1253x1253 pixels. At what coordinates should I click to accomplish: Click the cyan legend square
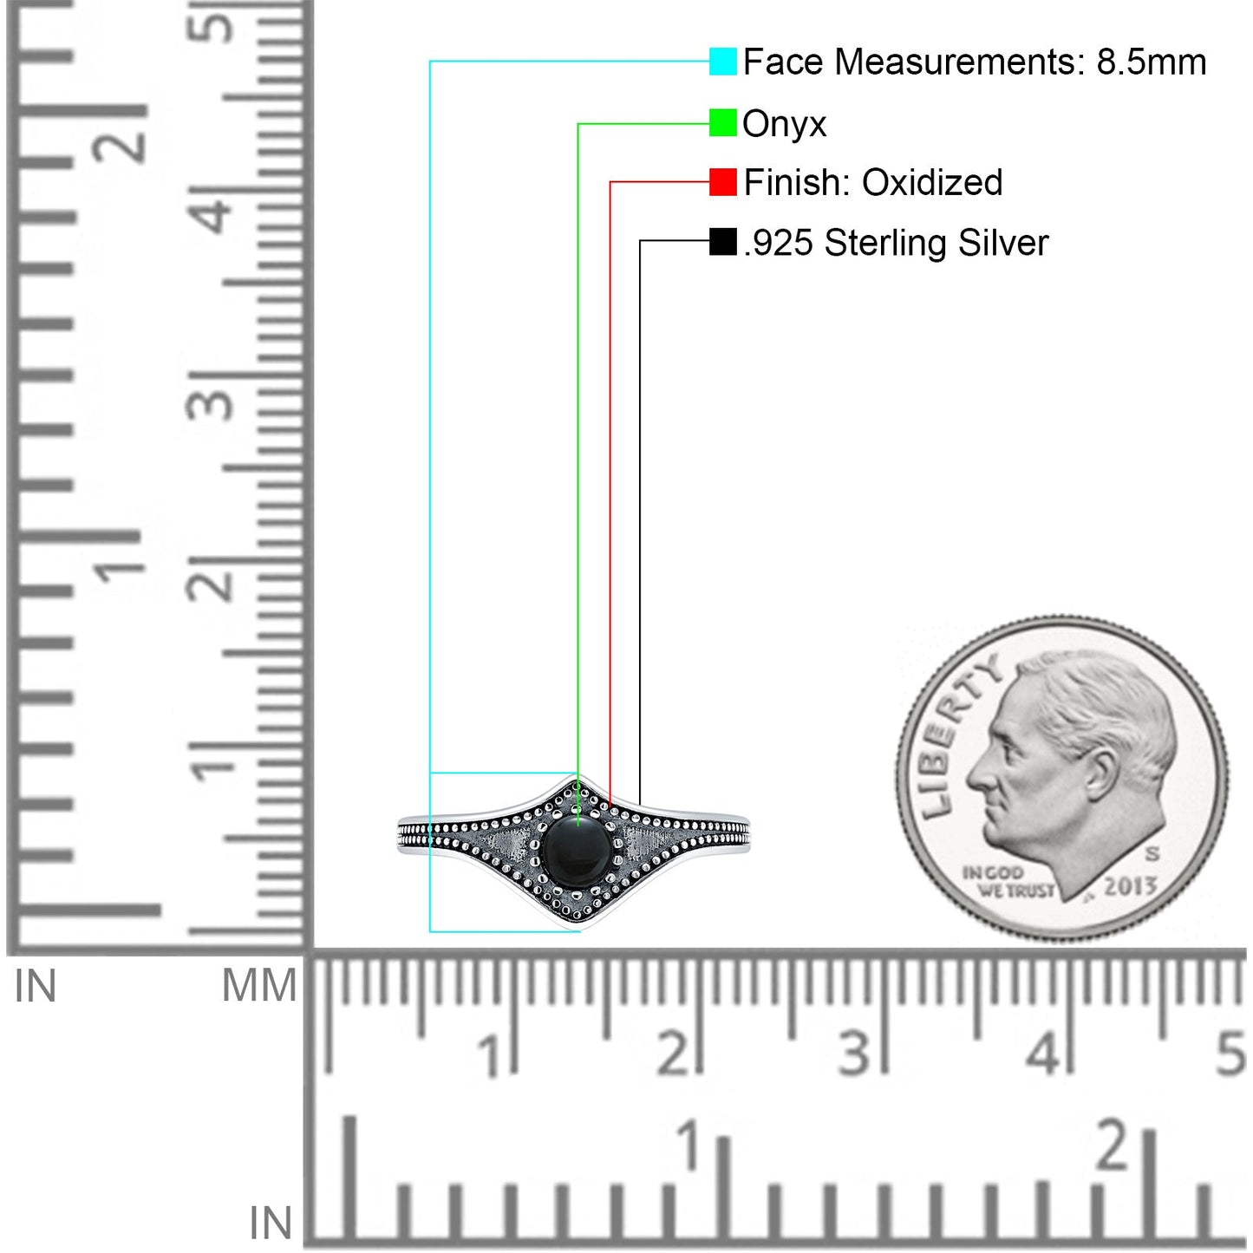click(x=722, y=61)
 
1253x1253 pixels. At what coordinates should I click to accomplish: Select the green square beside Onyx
click(x=722, y=123)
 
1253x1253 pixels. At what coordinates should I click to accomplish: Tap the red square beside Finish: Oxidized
click(x=722, y=182)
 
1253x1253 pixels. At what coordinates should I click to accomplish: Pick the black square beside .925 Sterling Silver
click(x=722, y=242)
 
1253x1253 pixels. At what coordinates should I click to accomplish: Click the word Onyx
click(x=784, y=125)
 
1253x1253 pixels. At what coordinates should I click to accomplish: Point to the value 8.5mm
click(x=1152, y=62)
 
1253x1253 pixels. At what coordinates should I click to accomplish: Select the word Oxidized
click(x=932, y=182)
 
